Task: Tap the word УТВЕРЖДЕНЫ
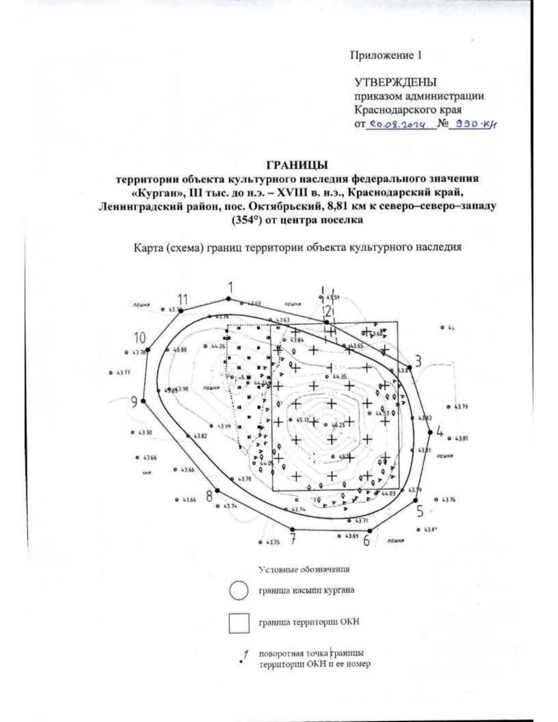coord(396,83)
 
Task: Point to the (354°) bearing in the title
coord(248,220)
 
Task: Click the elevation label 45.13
coord(302,420)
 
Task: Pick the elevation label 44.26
coord(218,346)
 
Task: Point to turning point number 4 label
coord(439,431)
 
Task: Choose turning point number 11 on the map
coord(183,299)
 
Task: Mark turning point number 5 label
coord(420,511)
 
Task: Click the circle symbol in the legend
coord(239,590)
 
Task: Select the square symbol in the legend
coord(239,623)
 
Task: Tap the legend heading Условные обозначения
coord(304,570)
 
